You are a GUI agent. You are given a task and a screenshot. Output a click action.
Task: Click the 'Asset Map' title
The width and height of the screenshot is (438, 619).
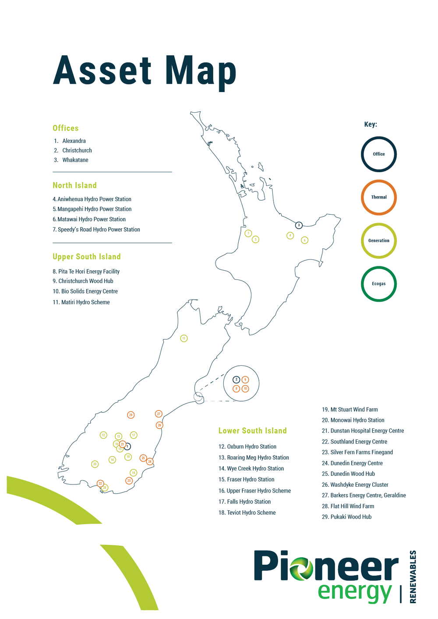[145, 71]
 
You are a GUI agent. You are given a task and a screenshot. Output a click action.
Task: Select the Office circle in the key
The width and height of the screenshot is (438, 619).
[378, 154]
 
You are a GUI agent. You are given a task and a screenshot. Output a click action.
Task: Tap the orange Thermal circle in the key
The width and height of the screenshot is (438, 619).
[378, 197]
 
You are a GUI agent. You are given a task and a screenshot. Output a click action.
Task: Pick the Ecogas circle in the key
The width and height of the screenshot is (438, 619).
[378, 284]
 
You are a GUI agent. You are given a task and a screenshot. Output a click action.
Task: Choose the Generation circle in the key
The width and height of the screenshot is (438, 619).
[378, 241]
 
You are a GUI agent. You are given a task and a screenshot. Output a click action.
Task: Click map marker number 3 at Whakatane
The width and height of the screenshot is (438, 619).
[299, 225]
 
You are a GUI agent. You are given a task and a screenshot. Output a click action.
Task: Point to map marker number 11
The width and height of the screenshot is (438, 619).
[184, 338]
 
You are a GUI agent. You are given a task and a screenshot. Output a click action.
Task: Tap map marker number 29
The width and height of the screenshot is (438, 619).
[131, 415]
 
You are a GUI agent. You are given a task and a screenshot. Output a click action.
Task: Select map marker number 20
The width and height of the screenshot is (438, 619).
[95, 464]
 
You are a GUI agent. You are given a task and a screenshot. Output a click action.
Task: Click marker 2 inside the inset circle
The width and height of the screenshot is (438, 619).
[236, 379]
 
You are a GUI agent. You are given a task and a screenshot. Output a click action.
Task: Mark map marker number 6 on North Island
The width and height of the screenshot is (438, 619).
[305, 240]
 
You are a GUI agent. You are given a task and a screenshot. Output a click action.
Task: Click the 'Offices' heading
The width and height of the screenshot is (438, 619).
[66, 128]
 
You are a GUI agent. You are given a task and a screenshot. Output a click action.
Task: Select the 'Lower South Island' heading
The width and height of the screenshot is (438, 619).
[252, 431]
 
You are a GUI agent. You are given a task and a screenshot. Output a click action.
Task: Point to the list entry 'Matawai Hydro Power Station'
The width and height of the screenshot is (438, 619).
[91, 219]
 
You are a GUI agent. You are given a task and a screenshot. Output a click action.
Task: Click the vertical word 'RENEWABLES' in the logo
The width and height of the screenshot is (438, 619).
[413, 577]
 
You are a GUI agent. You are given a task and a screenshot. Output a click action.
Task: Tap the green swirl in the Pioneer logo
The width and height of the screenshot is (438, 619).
[300, 568]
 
